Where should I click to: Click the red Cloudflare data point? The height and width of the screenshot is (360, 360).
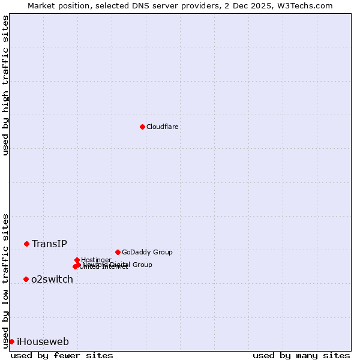142,127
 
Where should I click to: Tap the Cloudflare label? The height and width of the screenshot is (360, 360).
163,127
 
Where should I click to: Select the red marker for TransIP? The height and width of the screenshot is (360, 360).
26,244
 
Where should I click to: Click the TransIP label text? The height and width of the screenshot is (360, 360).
49,244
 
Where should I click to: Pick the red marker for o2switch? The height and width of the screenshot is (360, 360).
26,279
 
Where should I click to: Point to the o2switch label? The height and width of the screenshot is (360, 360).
52,279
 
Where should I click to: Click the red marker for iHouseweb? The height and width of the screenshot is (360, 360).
11,341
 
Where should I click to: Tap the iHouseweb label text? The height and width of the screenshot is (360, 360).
43,341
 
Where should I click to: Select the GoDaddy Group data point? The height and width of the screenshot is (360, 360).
118,252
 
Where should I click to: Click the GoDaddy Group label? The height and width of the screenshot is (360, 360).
147,252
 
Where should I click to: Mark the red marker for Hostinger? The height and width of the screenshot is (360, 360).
77,260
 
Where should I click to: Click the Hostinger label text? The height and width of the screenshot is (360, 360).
97,260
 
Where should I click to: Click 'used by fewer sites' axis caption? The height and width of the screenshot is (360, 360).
62,355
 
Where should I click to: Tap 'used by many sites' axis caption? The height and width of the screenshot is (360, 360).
301,355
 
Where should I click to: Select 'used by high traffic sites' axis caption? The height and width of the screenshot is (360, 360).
5,85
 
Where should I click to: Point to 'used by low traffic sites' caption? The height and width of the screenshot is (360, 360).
5,281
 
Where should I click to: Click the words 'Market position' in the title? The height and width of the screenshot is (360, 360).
55,5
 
